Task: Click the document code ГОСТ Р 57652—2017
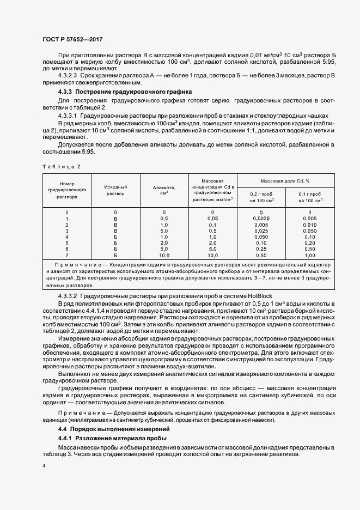pos(72,40)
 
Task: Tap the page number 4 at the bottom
pos(44,466)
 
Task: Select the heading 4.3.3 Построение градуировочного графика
pos(124,92)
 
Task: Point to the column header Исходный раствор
pos(115,190)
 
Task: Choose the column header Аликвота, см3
pos(164,190)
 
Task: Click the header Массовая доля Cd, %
pos(285,180)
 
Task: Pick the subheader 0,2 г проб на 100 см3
pos(261,197)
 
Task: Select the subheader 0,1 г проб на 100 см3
pos(310,197)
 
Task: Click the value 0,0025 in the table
pos(261,218)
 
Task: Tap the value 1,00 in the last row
pos(310,255)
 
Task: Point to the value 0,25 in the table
pos(261,249)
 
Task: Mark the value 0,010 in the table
pos(310,224)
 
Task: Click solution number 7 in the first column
pos(67,255)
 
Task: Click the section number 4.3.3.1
pos(68,116)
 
